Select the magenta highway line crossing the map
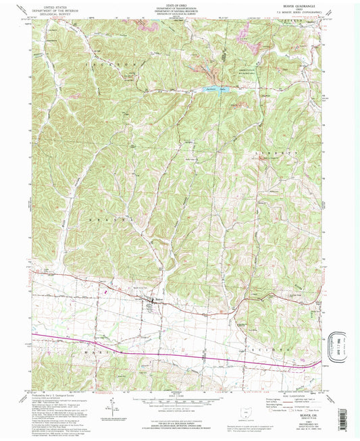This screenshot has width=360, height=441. click(169, 353)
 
